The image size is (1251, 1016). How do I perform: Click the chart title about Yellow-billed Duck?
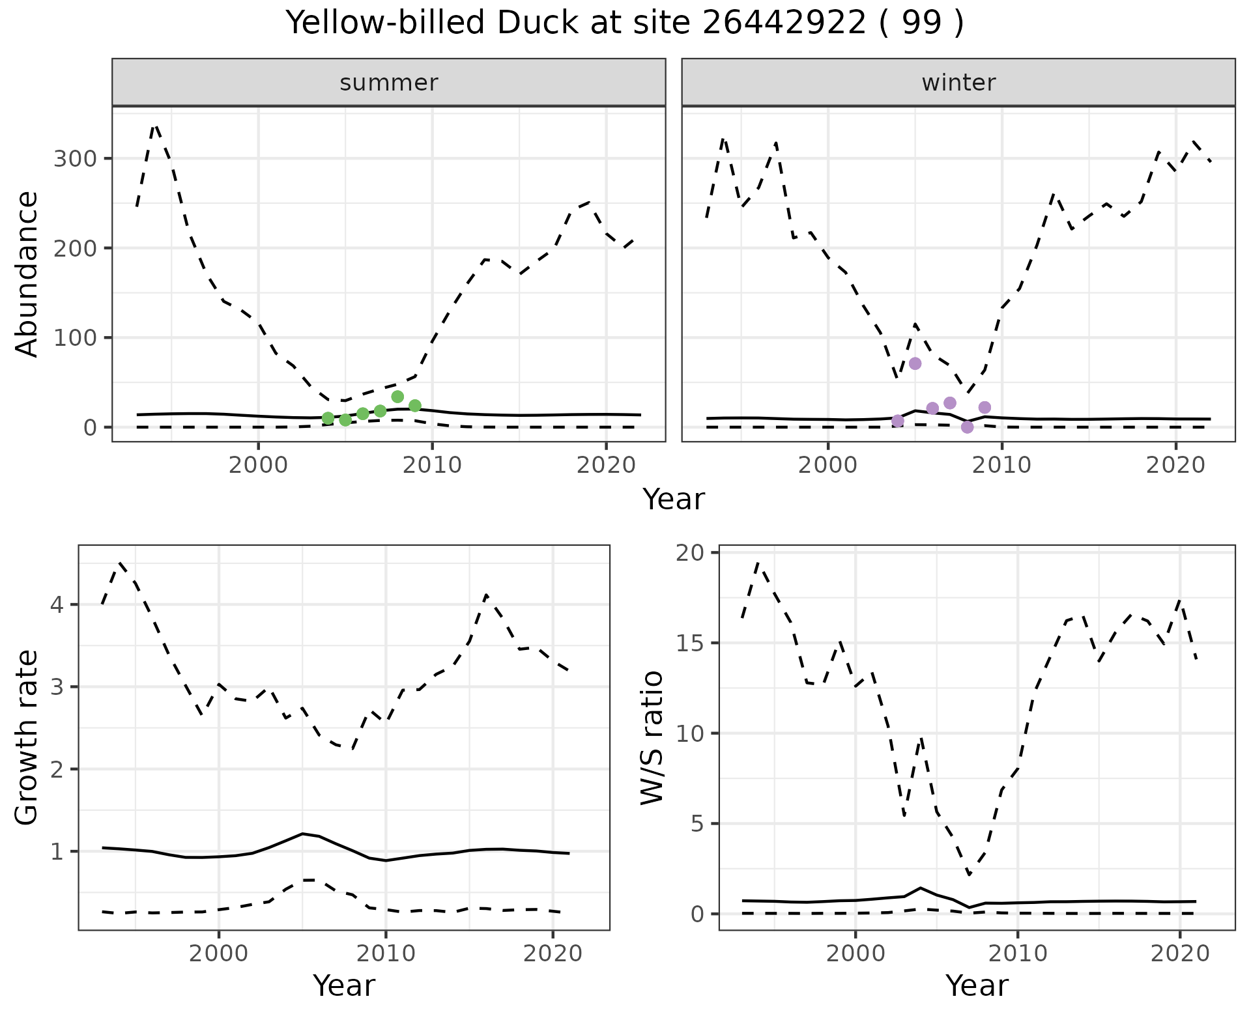point(625,24)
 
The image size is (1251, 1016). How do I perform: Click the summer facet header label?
point(389,83)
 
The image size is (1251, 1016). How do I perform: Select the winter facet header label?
point(958,83)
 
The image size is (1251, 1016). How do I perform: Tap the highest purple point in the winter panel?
point(915,363)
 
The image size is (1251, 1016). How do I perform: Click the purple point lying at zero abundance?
point(967,427)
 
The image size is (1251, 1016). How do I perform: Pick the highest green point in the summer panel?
point(397,397)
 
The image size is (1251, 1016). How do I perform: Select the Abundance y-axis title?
point(27,274)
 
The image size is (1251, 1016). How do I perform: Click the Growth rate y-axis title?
point(27,737)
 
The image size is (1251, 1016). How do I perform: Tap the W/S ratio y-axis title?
point(652,737)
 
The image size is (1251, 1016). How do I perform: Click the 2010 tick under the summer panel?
point(432,466)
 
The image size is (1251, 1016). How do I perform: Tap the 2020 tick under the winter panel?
point(1175,466)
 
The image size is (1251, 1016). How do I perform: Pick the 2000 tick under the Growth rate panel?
point(219,954)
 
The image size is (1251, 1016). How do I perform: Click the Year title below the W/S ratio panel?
point(977,986)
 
